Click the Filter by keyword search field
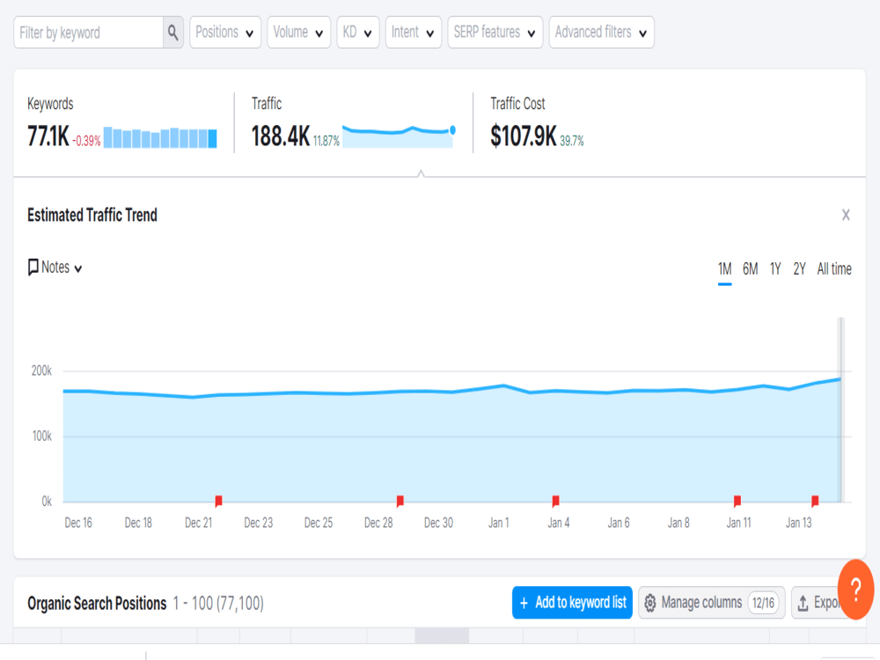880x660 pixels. tap(89, 33)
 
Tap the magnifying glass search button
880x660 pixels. tap(172, 33)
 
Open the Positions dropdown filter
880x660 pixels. tap(225, 33)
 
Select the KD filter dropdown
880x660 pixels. tap(358, 33)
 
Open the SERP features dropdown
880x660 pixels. tap(495, 33)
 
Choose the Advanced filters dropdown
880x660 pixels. tap(602, 33)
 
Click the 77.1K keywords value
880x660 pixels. tap(48, 136)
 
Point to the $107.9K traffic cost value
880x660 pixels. tap(523, 136)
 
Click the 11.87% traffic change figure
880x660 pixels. tap(326, 141)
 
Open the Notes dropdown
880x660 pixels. tap(55, 268)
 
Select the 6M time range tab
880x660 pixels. tap(751, 268)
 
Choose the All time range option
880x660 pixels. tap(834, 268)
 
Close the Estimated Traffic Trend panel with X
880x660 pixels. tap(846, 215)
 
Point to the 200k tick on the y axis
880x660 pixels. tap(41, 371)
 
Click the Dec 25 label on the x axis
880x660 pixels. tap(319, 523)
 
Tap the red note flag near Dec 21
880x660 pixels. tap(219, 501)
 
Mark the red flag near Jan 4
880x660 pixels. tap(555, 501)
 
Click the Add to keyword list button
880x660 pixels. tap(573, 603)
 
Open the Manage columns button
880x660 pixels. tap(712, 603)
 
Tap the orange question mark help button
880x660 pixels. tap(856, 590)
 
